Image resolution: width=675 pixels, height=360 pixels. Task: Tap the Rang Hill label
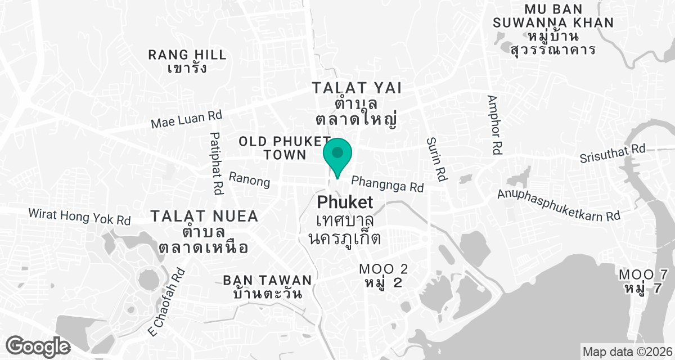[x=187, y=61]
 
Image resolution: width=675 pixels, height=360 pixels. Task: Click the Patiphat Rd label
[x=215, y=163]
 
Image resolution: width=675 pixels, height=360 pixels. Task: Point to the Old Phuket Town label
[x=285, y=147]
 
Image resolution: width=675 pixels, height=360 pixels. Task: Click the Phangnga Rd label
[x=387, y=184]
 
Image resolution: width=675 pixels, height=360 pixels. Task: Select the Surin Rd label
[x=436, y=159]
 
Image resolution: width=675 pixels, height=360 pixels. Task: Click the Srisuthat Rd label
[x=613, y=153]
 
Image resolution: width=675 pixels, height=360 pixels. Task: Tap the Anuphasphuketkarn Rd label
[x=559, y=205]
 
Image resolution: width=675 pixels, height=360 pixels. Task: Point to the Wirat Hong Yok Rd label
[x=79, y=217]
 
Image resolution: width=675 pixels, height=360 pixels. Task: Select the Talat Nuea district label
[x=204, y=231]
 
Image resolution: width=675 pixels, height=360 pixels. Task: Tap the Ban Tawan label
[x=267, y=286]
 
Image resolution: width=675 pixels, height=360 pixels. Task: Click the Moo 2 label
[x=384, y=276]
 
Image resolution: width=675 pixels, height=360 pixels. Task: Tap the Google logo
[x=38, y=345]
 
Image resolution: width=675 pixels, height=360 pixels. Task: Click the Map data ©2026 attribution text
[x=627, y=352]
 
